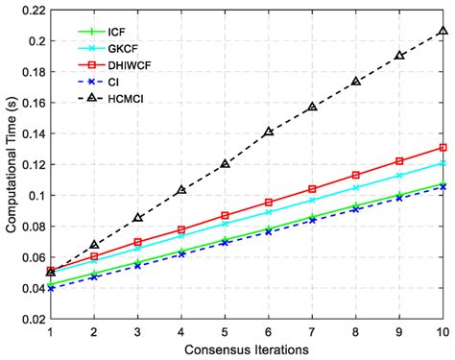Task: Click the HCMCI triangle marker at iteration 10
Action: [443, 32]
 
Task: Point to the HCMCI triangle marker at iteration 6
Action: [268, 132]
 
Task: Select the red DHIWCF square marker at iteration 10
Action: [443, 148]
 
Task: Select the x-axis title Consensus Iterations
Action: [247, 350]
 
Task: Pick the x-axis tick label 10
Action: [442, 331]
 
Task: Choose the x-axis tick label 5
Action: [225, 331]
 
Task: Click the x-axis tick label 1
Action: [50, 331]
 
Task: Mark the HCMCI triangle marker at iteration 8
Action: [355, 82]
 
